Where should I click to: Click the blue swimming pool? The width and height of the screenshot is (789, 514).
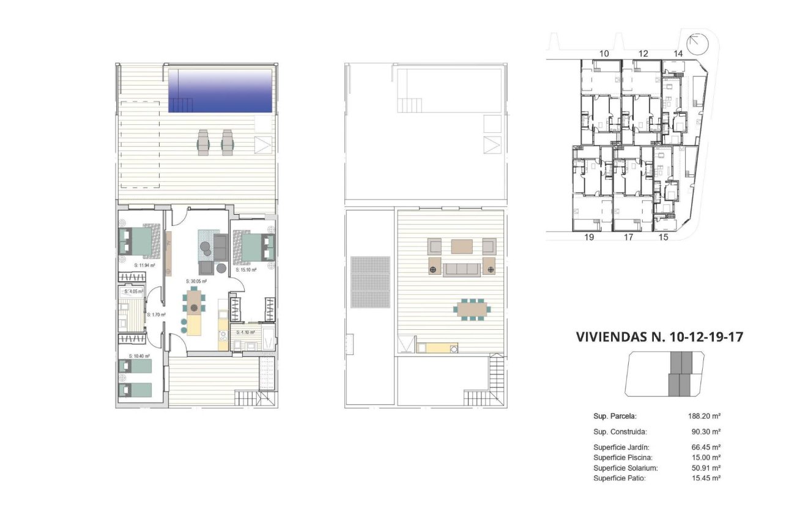coord(220,90)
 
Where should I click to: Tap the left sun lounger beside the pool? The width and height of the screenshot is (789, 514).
coord(203,143)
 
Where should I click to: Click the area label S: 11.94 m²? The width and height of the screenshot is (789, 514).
coord(144,266)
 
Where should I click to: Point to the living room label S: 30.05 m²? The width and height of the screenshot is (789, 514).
coord(196,281)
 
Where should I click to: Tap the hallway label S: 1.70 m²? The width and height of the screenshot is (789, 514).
coord(157,315)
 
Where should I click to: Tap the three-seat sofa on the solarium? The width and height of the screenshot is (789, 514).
coord(462,269)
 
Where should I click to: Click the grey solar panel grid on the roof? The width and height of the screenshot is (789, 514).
coord(370,282)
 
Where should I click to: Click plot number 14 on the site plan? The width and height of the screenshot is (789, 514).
coord(678,54)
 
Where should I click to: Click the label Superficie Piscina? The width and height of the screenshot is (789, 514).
coord(623,458)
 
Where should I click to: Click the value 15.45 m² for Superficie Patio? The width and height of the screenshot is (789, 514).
coord(706,478)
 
